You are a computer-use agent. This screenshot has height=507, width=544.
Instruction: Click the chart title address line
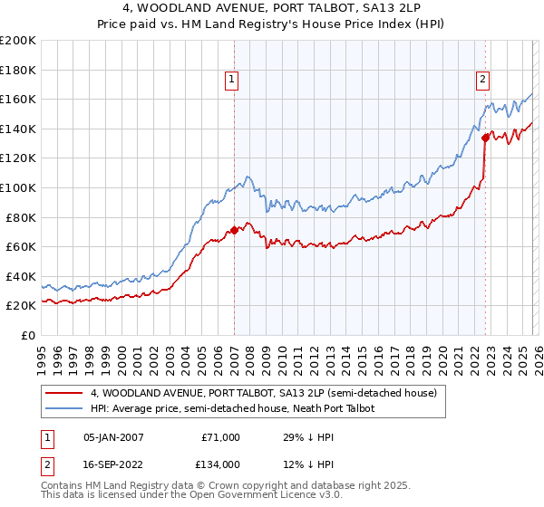point(272,8)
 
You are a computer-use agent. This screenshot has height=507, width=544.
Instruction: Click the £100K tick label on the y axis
point(18,187)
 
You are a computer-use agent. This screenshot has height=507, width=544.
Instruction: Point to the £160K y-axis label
point(18,99)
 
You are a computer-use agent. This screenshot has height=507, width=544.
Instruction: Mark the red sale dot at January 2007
point(234,230)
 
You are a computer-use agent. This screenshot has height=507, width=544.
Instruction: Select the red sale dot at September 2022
point(485,138)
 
